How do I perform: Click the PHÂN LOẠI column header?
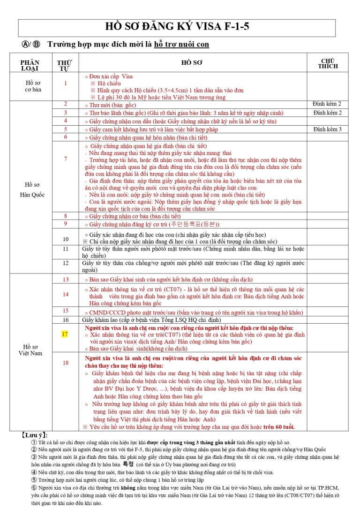tap(30, 65)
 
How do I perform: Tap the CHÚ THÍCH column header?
tap(327, 64)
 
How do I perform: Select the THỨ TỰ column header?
tap(65, 65)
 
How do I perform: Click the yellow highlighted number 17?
tap(65, 334)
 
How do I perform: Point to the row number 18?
tap(65, 363)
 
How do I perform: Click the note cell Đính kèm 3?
tap(327, 129)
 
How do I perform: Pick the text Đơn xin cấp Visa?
tap(110, 76)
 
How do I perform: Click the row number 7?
tap(65, 159)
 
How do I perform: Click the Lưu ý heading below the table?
tap(35, 435)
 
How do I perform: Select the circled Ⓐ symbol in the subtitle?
tap(25, 45)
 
